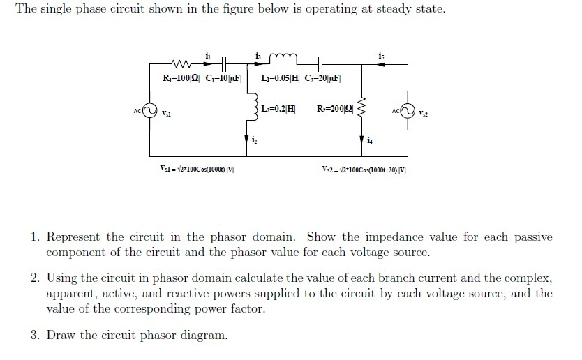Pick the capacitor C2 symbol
(x=320, y=64)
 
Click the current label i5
(x=380, y=55)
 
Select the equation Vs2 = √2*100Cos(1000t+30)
(x=363, y=169)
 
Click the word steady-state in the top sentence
(x=410, y=10)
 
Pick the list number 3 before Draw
(x=34, y=336)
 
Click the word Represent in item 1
(x=73, y=237)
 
